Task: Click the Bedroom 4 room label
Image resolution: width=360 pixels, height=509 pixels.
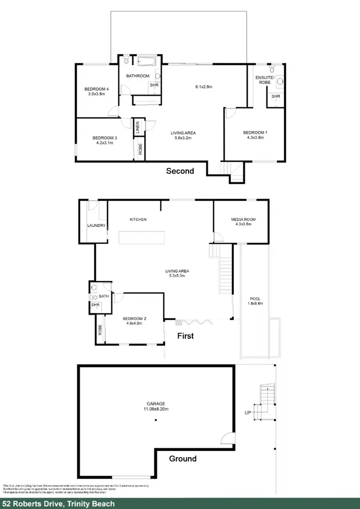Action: [x=96, y=89]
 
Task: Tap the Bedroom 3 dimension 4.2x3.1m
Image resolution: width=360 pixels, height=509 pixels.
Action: [x=105, y=143]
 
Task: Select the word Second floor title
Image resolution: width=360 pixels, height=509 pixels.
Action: [x=180, y=171]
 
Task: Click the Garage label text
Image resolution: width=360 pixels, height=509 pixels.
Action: [x=156, y=403]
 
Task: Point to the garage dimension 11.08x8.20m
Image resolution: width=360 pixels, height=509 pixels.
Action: [x=156, y=409]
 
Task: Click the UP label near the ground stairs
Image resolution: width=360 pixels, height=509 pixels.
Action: [x=248, y=412]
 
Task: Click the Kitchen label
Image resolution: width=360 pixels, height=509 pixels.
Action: [x=138, y=220]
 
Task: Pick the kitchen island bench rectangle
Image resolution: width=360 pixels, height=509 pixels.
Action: [x=142, y=237]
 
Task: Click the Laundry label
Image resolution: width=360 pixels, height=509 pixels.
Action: [x=96, y=225]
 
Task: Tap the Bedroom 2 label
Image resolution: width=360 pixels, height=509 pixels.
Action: [x=132, y=319]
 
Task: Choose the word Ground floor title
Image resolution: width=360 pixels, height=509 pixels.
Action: [x=183, y=459]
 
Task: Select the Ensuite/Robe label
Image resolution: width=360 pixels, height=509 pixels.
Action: [x=263, y=80]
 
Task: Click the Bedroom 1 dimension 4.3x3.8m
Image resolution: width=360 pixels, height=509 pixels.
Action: [x=254, y=138]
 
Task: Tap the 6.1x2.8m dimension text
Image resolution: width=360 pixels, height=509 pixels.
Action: [x=204, y=87]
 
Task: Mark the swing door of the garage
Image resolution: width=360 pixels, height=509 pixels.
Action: [x=227, y=438]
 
